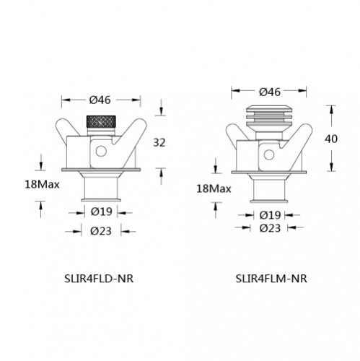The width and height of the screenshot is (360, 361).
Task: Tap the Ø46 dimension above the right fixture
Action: click(269, 92)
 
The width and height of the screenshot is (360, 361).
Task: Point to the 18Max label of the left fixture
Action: click(40, 185)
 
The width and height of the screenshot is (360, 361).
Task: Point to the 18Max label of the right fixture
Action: click(213, 188)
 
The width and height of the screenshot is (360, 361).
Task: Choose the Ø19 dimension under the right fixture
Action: click(269, 215)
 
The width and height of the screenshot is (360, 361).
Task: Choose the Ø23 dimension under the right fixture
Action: click(269, 227)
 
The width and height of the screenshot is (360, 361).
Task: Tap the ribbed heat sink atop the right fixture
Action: click(269, 116)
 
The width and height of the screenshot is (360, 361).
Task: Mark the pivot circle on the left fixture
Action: click(102, 151)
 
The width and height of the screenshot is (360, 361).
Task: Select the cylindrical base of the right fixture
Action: click(269, 193)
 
